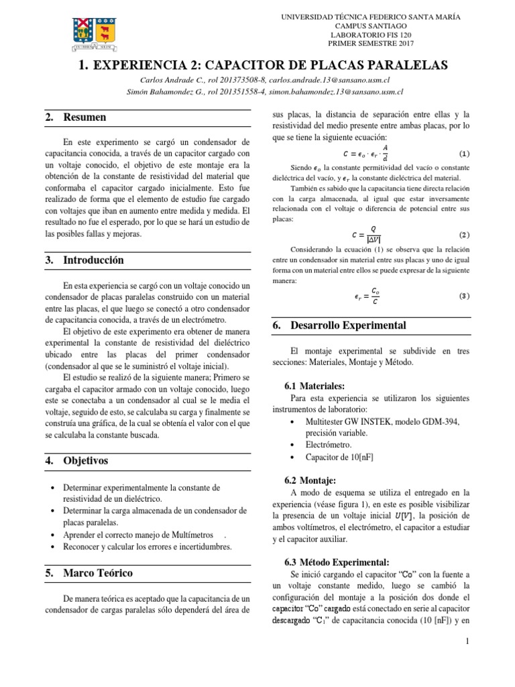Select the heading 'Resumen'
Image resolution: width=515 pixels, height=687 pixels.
[84, 117]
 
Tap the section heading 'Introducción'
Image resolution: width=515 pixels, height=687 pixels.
[93, 260]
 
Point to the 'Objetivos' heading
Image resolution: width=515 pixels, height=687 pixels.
[86, 461]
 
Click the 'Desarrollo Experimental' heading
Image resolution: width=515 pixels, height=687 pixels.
[349, 325]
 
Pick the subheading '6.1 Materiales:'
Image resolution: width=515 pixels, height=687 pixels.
[315, 386]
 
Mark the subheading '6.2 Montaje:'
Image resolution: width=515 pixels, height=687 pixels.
[311, 480]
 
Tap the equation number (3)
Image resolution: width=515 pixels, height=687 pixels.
[464, 296]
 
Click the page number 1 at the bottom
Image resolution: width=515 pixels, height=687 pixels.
[467, 662]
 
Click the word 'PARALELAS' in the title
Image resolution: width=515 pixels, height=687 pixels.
[390, 64]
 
